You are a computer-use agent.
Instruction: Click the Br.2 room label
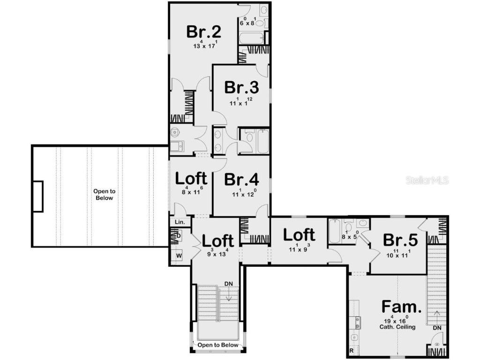[x=203, y=32]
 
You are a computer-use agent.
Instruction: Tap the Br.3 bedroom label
[x=241, y=88]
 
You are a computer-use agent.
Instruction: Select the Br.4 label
[x=241, y=180]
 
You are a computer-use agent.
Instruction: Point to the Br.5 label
[x=400, y=240]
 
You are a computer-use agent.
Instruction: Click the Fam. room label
[x=401, y=307]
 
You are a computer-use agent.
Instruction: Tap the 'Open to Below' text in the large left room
[x=104, y=195]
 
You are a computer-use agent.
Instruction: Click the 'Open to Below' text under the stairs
[x=217, y=345]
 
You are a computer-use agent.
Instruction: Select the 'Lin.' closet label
[x=180, y=222]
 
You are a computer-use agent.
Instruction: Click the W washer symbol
[x=179, y=256]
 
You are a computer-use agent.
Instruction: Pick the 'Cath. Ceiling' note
[x=397, y=327]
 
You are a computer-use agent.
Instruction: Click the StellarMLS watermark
[x=427, y=180]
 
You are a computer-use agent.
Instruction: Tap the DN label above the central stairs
[x=229, y=284]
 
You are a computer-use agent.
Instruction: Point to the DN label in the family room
[x=437, y=328]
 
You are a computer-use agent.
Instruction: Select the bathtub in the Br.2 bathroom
[x=251, y=37]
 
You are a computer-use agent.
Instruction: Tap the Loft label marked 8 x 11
[x=191, y=179]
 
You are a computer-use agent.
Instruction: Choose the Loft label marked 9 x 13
[x=218, y=240]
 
